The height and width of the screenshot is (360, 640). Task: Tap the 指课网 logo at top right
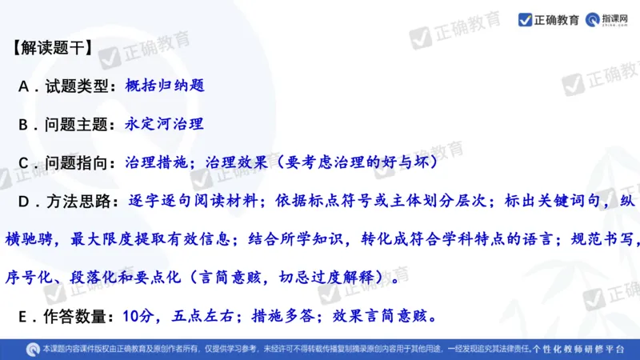pos(609,20)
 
